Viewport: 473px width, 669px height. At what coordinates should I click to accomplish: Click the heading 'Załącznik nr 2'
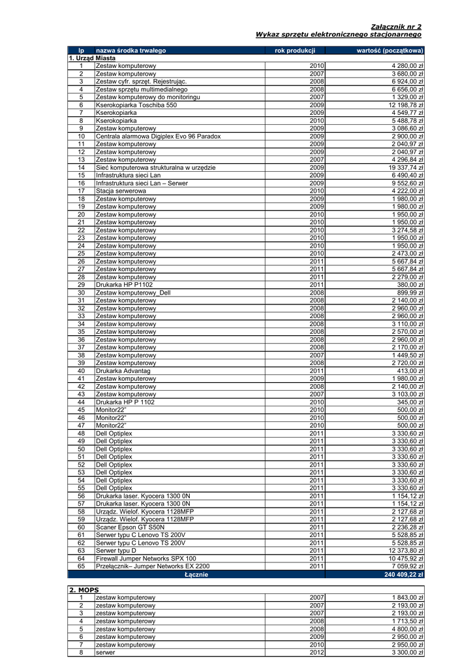click(396, 27)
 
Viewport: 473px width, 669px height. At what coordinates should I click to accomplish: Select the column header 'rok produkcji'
click(295, 50)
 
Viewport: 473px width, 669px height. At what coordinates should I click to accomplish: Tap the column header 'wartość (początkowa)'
click(389, 50)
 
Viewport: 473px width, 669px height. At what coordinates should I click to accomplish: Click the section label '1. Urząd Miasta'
click(92, 58)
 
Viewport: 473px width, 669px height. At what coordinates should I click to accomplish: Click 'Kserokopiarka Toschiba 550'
click(136, 105)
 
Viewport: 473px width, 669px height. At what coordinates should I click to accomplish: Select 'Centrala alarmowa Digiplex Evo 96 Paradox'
click(158, 137)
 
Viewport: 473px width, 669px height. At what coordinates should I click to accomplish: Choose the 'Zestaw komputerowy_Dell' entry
click(132, 293)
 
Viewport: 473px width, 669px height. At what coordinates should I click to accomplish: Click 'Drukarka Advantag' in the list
click(123, 371)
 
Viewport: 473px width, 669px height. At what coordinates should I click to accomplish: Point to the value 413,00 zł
click(410, 371)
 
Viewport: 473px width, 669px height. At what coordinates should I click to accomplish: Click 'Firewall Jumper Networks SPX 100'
click(145, 559)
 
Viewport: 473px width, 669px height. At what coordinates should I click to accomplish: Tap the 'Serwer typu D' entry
click(116, 551)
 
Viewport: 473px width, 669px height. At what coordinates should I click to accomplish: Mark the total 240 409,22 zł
click(400, 575)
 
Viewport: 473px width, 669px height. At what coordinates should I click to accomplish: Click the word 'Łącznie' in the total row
click(196, 575)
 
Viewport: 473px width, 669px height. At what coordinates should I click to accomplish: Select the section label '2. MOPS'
click(84, 590)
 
